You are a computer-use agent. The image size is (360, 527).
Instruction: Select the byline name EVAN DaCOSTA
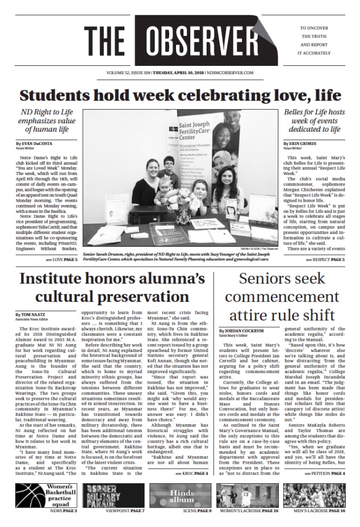pos(38,143)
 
